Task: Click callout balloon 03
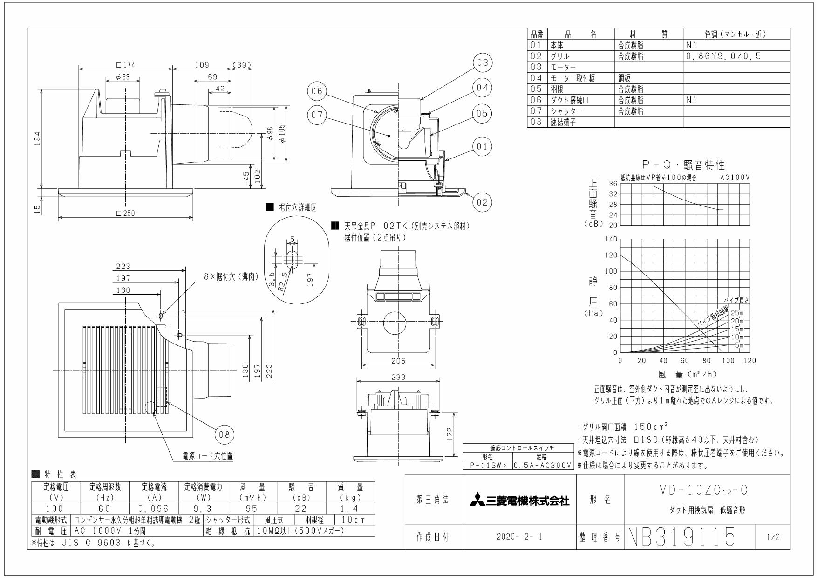(483, 63)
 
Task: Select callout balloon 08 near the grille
(225, 434)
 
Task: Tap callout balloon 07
(318, 116)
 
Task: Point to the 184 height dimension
(38, 138)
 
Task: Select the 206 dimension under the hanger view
(398, 360)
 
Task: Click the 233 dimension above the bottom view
(398, 377)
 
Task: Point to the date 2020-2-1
(519, 537)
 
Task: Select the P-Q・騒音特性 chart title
(683, 165)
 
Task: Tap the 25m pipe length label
(737, 312)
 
